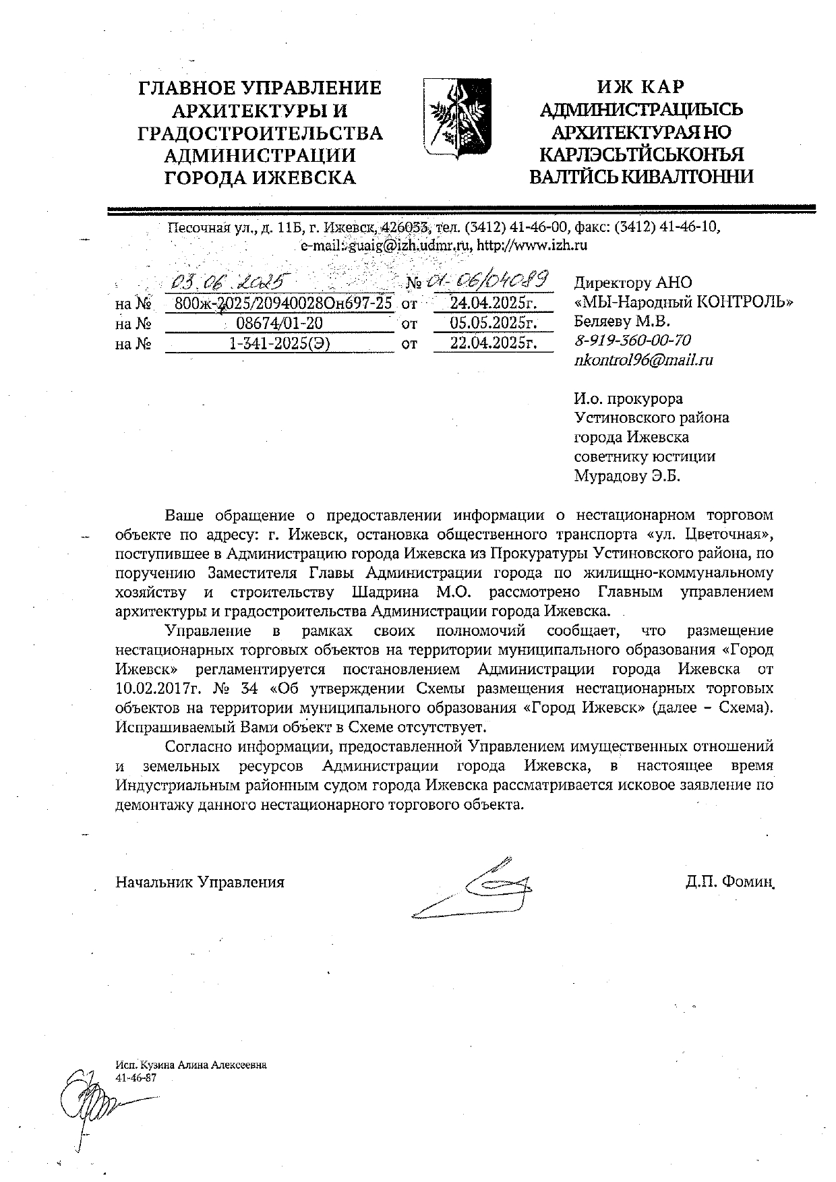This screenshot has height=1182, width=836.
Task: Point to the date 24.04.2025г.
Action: point(493,303)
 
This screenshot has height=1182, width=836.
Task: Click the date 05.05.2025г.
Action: point(493,324)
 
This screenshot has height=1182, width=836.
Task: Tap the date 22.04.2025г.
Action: point(493,344)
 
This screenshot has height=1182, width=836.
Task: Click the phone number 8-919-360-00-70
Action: point(632,341)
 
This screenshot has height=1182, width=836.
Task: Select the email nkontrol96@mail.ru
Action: point(643,360)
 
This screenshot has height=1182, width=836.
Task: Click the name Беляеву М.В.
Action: point(622,321)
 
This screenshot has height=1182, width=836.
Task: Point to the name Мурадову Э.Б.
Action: point(627,476)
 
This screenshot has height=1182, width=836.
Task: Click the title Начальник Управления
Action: point(200,882)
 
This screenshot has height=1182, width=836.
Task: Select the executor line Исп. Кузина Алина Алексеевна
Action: point(191,1065)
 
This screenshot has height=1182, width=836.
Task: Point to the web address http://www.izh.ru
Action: point(531,245)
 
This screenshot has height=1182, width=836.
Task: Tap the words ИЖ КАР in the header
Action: point(640,87)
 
